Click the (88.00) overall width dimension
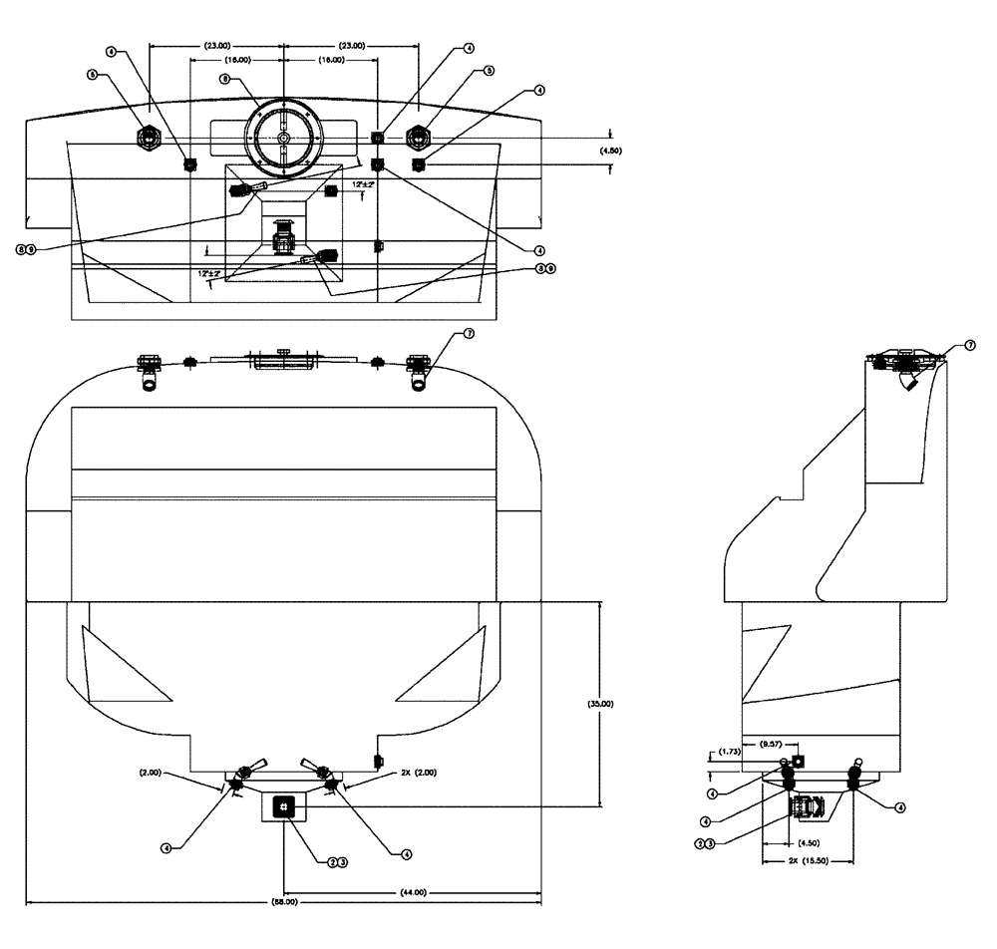283,903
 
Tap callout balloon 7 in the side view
970,345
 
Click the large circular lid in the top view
283,136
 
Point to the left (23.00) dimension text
216,45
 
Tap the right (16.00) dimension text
330,60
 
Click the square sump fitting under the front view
284,805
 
